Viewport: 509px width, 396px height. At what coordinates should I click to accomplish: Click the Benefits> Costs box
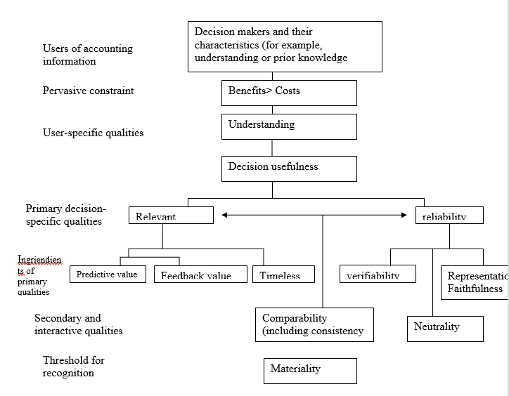point(288,93)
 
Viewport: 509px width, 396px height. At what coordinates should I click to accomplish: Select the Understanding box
point(288,126)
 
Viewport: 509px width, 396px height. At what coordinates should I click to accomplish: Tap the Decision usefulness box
point(288,169)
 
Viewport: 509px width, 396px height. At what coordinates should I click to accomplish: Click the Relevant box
point(171,215)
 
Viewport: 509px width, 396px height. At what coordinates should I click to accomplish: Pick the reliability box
point(449,215)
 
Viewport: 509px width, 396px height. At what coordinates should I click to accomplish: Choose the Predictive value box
point(107,274)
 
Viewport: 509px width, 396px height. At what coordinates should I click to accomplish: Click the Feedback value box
point(200,274)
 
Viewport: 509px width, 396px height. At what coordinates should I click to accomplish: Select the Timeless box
point(283,274)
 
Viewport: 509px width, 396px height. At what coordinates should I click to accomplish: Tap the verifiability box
point(377,274)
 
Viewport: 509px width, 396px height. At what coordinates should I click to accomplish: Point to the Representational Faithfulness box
point(475,282)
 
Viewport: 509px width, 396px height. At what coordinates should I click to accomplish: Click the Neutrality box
point(444,329)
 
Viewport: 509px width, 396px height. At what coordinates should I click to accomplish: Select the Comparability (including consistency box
point(314,324)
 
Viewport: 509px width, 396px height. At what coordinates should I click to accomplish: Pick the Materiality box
point(310,370)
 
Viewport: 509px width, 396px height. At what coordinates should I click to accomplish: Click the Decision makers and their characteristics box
point(285,46)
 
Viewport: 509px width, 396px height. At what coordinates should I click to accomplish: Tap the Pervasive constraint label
point(88,91)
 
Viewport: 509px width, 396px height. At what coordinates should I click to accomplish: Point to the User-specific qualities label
point(92,133)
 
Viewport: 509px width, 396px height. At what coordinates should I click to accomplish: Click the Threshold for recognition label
point(73,367)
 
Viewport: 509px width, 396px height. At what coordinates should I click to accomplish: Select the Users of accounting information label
point(87,55)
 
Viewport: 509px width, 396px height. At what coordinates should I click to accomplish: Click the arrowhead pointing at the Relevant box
point(224,216)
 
